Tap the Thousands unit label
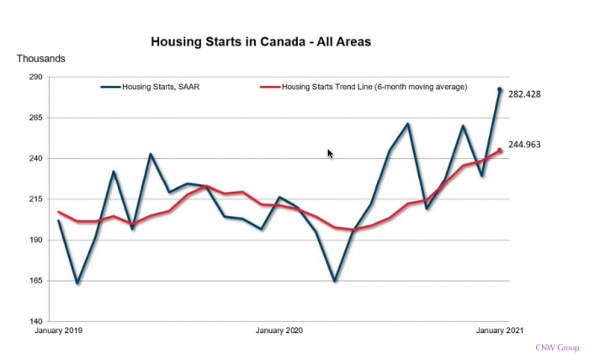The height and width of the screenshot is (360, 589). click(41, 59)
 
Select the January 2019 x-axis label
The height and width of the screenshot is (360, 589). click(59, 331)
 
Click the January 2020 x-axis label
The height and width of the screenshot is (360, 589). click(279, 331)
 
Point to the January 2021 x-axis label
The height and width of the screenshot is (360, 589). click(500, 331)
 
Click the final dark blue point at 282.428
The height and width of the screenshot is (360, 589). click(500, 89)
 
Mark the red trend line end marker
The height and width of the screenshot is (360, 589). click(500, 151)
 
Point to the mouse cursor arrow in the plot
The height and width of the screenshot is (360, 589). click(330, 153)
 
